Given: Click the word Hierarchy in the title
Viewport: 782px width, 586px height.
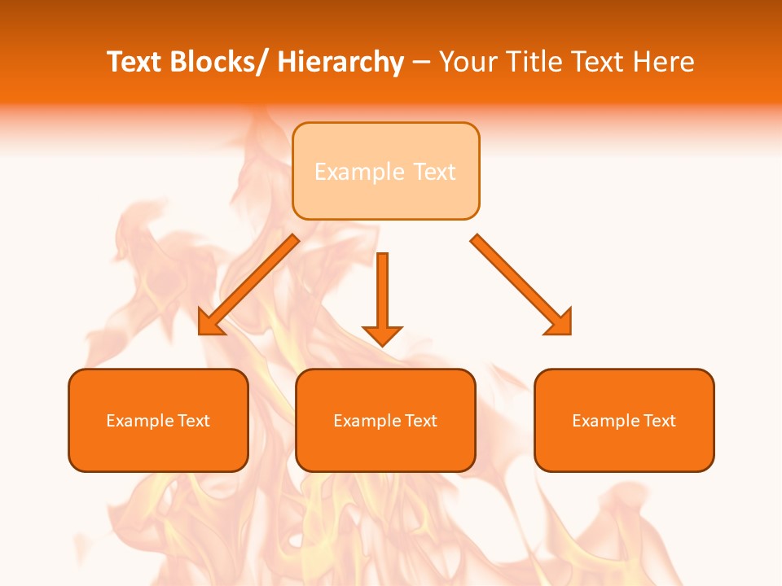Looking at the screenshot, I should (x=340, y=62).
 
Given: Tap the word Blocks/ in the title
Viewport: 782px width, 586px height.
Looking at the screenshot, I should (x=219, y=62).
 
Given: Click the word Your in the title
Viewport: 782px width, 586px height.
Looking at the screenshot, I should (x=468, y=62).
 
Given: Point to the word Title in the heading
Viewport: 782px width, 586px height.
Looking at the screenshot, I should (x=534, y=62).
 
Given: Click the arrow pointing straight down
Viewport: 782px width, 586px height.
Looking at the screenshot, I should (x=382, y=293).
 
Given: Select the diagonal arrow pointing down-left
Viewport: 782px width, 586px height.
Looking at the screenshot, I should (x=248, y=285).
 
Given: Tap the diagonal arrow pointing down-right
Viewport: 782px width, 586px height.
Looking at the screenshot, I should (x=521, y=285).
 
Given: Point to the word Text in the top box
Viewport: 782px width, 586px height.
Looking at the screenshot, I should (x=433, y=172).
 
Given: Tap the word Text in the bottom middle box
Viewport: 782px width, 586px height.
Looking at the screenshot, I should (x=422, y=421).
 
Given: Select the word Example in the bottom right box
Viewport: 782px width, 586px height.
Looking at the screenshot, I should (x=603, y=421).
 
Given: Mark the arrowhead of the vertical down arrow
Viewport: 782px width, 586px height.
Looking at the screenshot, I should (x=382, y=335).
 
